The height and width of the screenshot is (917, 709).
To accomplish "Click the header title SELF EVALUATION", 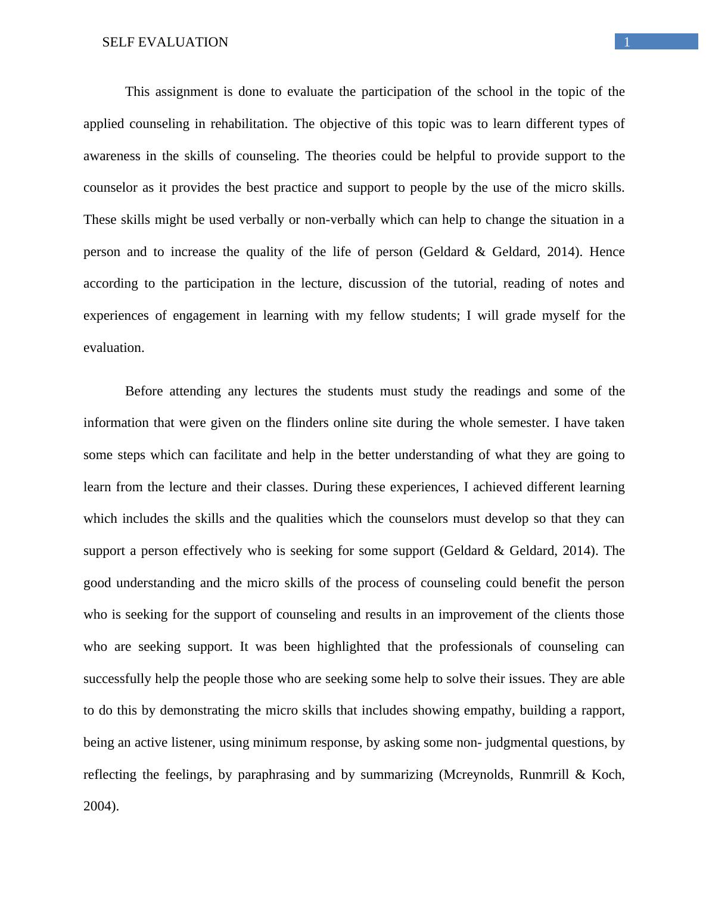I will (165, 42).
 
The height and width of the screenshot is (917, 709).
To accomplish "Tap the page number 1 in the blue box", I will (627, 42).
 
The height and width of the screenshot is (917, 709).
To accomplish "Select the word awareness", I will (111, 156).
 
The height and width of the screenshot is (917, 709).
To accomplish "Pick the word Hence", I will (607, 252).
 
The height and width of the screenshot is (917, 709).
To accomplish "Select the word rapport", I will (602, 710).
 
